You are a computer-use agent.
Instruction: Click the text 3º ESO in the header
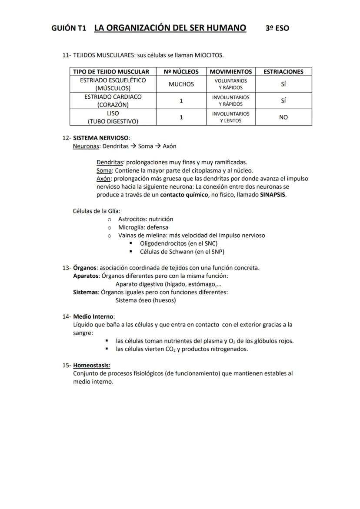[x=277, y=28]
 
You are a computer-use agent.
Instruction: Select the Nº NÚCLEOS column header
[x=181, y=72]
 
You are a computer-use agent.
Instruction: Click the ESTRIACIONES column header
[x=283, y=72]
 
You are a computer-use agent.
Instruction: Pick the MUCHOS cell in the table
[x=181, y=84]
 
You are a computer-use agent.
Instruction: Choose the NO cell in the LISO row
[x=283, y=117]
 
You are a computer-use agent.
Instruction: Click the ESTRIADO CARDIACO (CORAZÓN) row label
[x=113, y=101]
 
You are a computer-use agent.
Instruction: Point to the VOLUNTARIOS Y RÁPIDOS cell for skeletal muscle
[x=230, y=84]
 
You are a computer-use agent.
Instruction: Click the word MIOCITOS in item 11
[x=209, y=55]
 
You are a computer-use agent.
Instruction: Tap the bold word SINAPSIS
[x=273, y=195]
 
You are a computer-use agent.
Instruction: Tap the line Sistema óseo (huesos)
[x=146, y=300]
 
